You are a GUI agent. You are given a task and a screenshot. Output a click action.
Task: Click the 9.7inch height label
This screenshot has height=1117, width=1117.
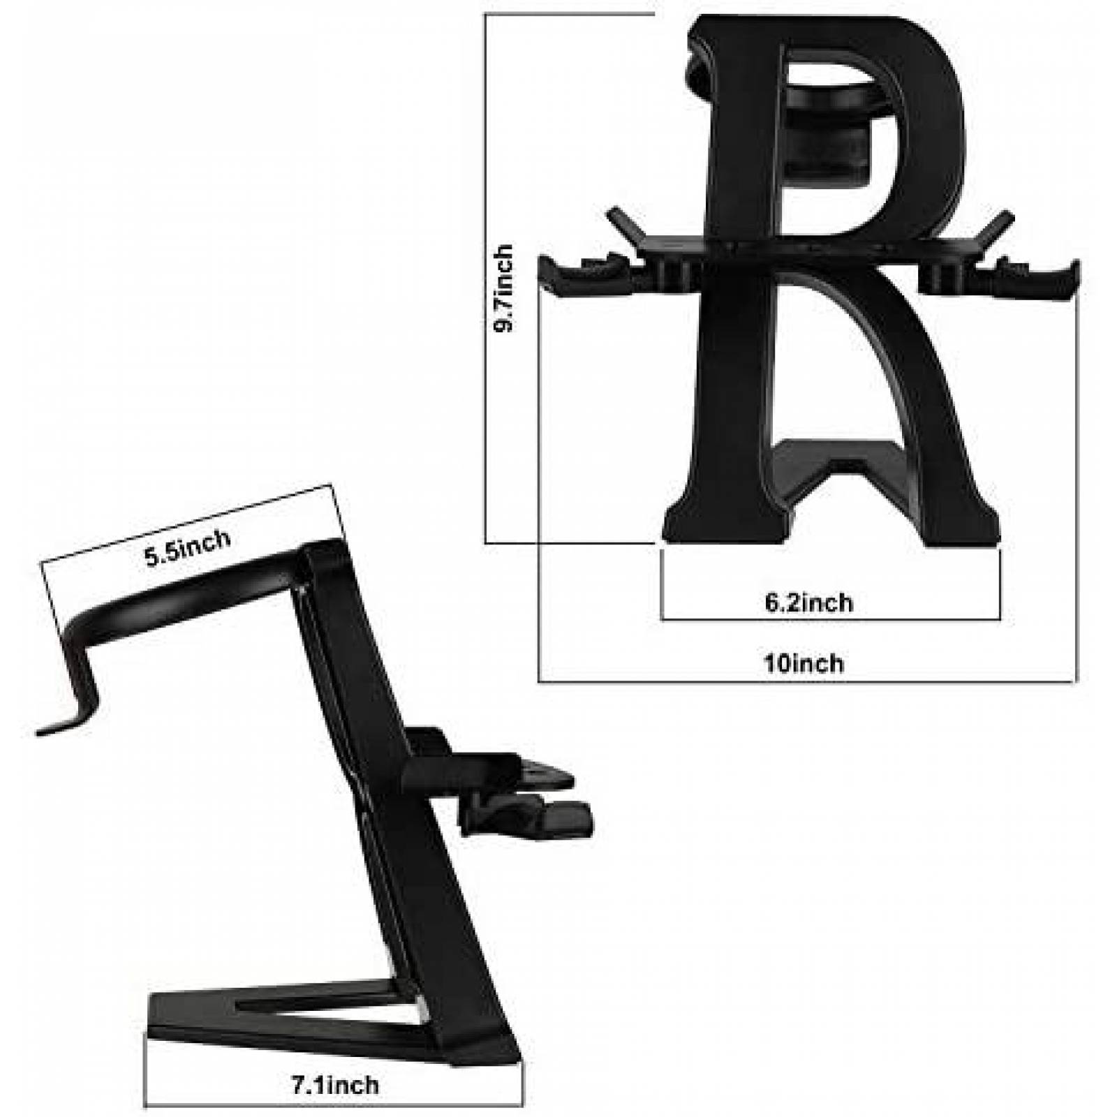(x=504, y=288)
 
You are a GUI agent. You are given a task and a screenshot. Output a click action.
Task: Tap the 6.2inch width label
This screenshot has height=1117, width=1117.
(x=809, y=602)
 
